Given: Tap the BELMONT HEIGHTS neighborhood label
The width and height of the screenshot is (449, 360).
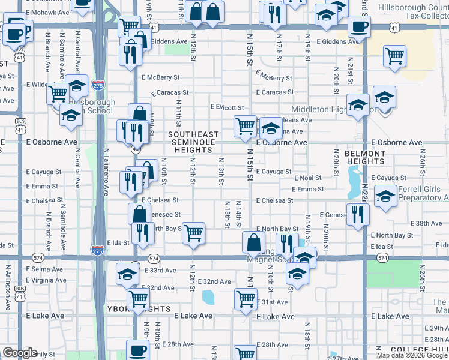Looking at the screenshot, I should pos(365,158).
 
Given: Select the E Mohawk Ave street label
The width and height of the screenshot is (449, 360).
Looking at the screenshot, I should pos(49,12).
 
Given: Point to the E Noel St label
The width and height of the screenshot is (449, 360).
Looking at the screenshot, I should pos(308,178).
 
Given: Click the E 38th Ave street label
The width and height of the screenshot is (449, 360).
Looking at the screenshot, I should pos(429,223).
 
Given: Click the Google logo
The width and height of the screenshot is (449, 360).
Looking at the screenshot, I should pos(20,352).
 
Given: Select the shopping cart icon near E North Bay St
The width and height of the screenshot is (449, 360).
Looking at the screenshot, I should pos(194,233).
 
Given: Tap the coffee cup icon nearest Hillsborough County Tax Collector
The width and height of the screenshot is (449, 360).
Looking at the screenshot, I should pos(359,26).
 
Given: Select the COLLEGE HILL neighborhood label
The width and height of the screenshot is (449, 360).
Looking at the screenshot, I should pos(418,349).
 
